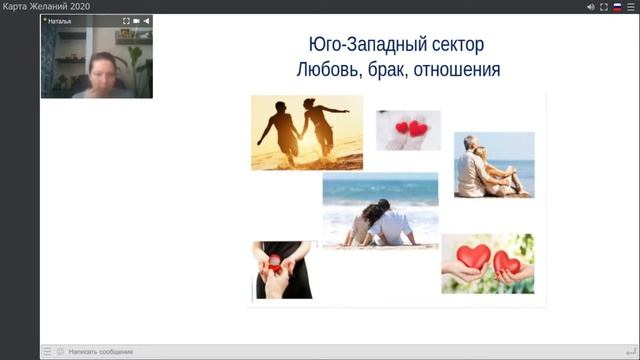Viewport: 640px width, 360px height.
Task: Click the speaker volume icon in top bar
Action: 591,7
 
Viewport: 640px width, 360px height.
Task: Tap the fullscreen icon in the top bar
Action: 604,7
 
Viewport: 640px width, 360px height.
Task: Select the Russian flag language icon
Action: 617,7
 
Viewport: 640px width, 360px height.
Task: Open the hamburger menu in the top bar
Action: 631,7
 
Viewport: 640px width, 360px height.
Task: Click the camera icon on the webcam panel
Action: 136,20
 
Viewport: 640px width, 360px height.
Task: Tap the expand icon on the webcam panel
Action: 126,20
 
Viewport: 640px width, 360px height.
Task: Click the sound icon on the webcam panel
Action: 146,20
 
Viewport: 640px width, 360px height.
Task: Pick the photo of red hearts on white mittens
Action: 408,130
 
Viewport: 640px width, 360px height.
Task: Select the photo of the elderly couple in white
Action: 494,165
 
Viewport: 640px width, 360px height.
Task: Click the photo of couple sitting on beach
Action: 380,210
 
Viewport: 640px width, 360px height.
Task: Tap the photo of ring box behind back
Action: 283,269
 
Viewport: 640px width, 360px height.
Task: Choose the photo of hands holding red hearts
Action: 487,262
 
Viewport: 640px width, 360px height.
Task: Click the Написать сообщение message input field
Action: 100,351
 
